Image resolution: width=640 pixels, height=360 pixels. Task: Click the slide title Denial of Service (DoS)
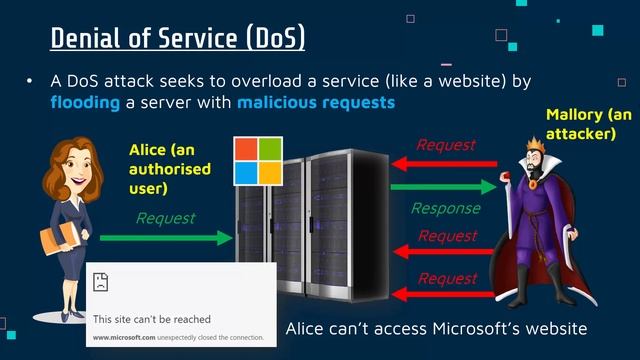coord(178,39)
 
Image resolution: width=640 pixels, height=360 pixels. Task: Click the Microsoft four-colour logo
coord(258,162)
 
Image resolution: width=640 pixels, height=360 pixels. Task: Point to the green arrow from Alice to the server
coord(166,238)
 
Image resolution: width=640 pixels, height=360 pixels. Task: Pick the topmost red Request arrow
coord(444,163)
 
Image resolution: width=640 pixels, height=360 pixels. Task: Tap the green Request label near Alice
coord(166,217)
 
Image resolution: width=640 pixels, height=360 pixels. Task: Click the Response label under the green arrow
coord(446,209)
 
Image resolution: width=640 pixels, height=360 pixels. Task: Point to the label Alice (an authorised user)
coord(170,168)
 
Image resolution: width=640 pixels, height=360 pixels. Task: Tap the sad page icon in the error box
coord(101,281)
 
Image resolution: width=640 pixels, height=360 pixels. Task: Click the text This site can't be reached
coord(152,319)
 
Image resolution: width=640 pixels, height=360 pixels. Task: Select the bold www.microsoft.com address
coord(123,338)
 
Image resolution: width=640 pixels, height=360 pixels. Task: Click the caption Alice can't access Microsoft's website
coord(435,328)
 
